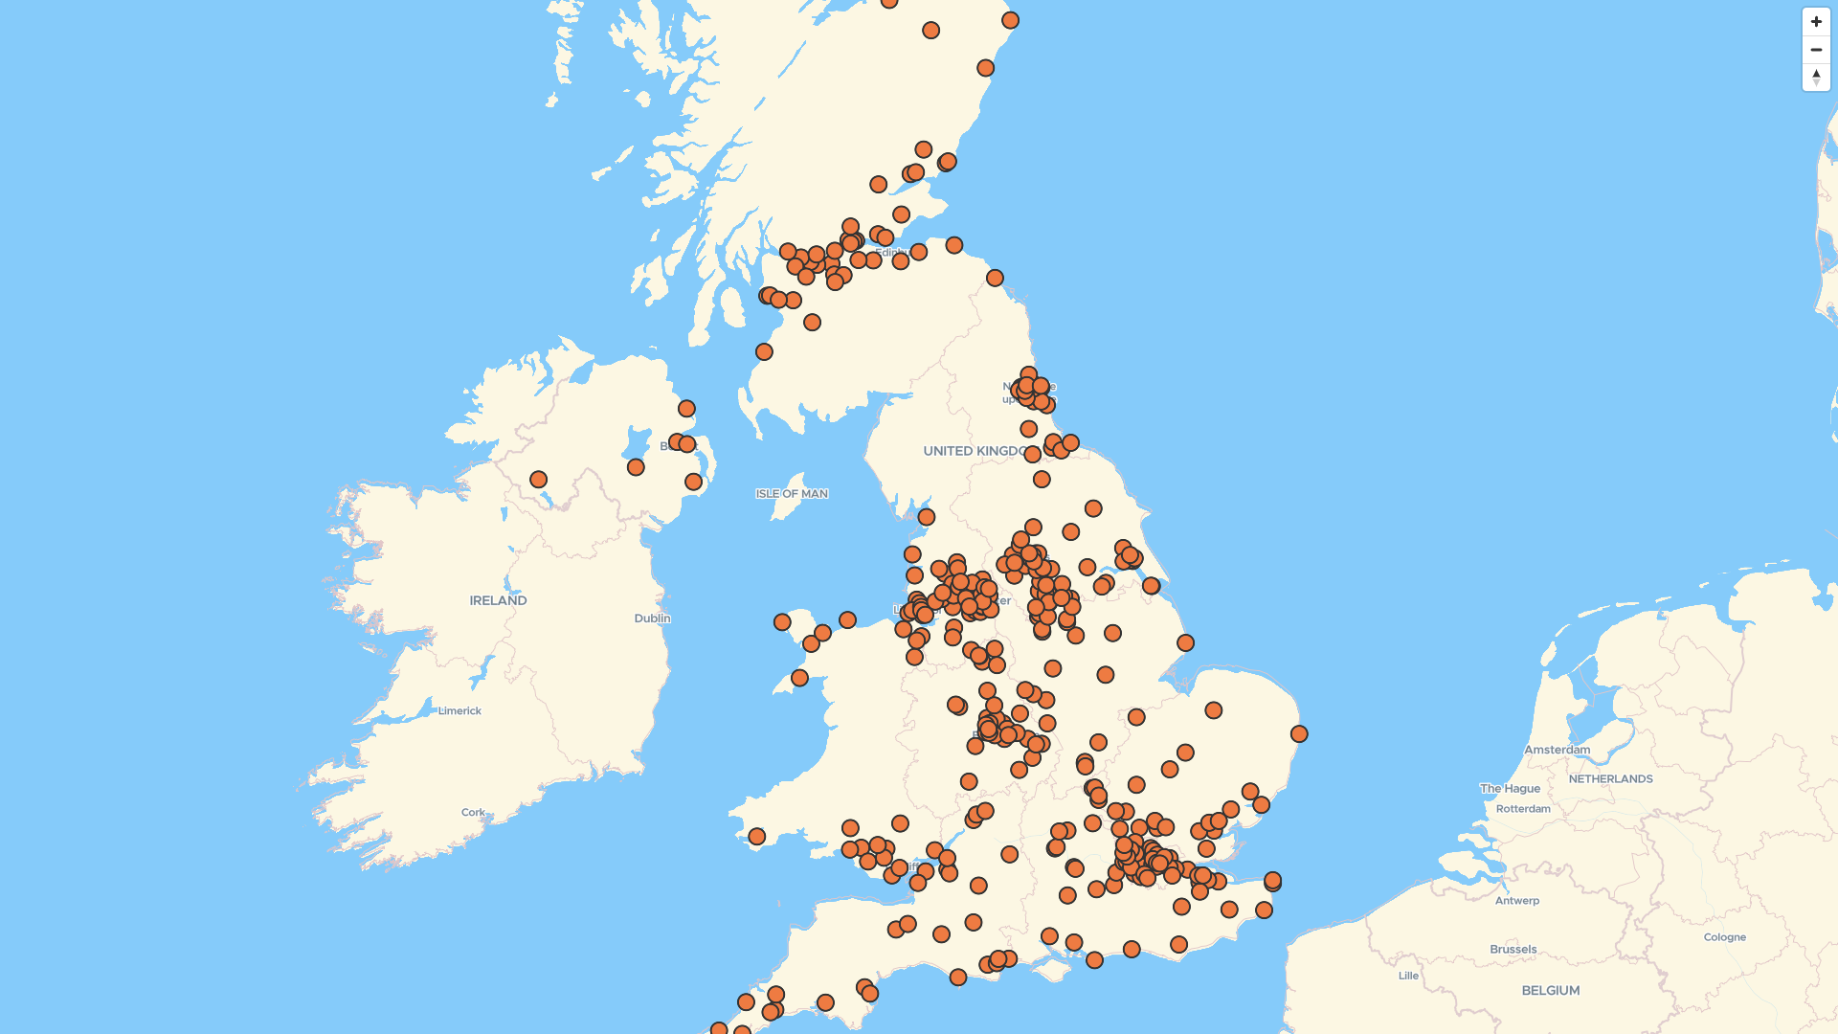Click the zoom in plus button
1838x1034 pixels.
pos(1816,22)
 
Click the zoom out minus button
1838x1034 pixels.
pos(1816,50)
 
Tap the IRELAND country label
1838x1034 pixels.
pos(498,601)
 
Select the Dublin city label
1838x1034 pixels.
pos(652,618)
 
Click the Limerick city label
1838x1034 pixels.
pos(459,711)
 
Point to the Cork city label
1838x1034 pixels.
pos(473,813)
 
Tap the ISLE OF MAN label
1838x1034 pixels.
pos(792,494)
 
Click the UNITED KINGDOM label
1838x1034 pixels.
pos(975,451)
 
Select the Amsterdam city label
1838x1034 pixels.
pos(1557,750)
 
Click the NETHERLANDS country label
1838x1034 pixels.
pos(1610,779)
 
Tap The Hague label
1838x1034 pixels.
pos(1510,789)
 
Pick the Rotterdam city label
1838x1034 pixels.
pos(1522,809)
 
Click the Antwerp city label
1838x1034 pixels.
pos(1516,901)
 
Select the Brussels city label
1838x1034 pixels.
pos(1513,950)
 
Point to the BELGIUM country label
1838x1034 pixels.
pos(1550,991)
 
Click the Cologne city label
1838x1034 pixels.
pos(1724,937)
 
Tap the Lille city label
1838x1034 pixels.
pos(1408,977)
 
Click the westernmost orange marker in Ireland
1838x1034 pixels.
pos(538,480)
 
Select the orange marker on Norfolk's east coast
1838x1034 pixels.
pos(1298,734)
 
